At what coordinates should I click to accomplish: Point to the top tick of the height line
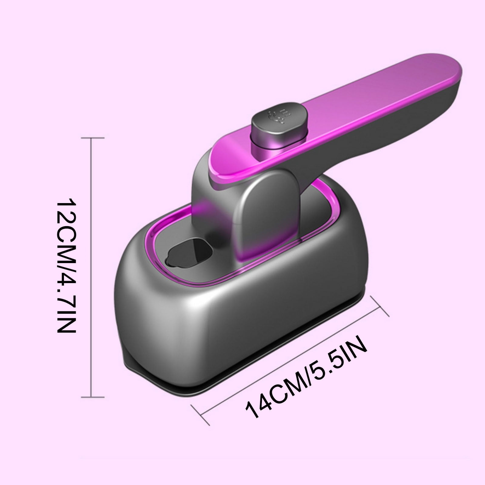[x=93, y=138]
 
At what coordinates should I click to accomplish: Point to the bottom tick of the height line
[x=93, y=397]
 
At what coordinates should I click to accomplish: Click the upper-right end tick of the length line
[x=380, y=306]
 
